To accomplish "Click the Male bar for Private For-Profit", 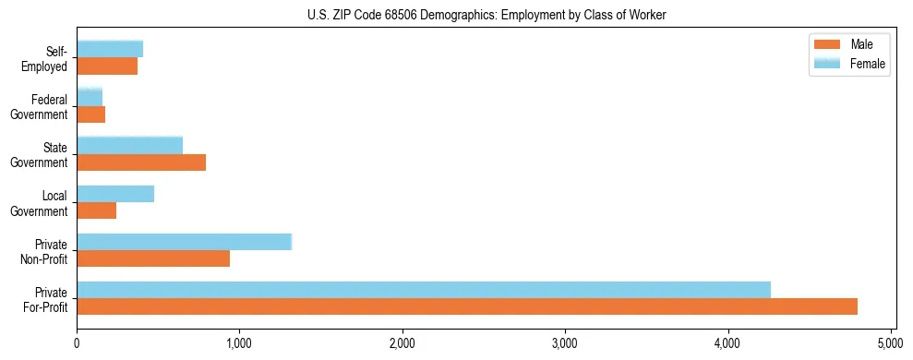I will click(x=467, y=306).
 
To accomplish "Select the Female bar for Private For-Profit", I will click(x=424, y=290).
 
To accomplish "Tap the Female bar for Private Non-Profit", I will click(x=184, y=242).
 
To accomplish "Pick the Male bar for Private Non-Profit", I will click(x=153, y=258).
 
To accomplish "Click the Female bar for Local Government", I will click(x=115, y=194).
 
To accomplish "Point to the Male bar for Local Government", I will click(x=96, y=210).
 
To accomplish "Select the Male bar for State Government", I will click(x=141, y=162).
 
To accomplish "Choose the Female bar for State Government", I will click(x=129, y=145).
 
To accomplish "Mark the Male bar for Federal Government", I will click(x=90, y=114).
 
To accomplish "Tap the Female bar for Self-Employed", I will click(x=110, y=49).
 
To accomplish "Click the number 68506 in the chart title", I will click(x=399, y=16).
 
